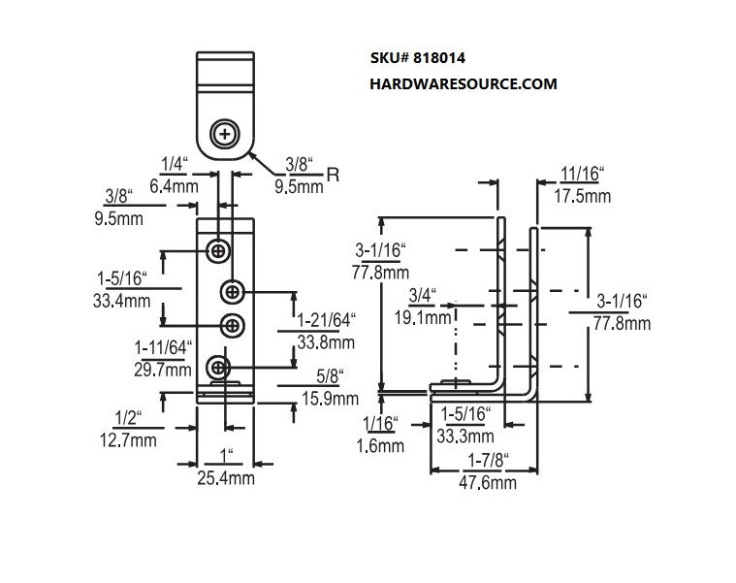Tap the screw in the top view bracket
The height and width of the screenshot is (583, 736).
(226, 131)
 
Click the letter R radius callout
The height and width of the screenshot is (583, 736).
(334, 175)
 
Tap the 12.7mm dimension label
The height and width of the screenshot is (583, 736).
(128, 441)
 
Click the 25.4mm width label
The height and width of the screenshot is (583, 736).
(226, 478)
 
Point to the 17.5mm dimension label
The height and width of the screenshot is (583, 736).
(583, 196)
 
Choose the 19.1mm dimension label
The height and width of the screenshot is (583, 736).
(428, 316)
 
